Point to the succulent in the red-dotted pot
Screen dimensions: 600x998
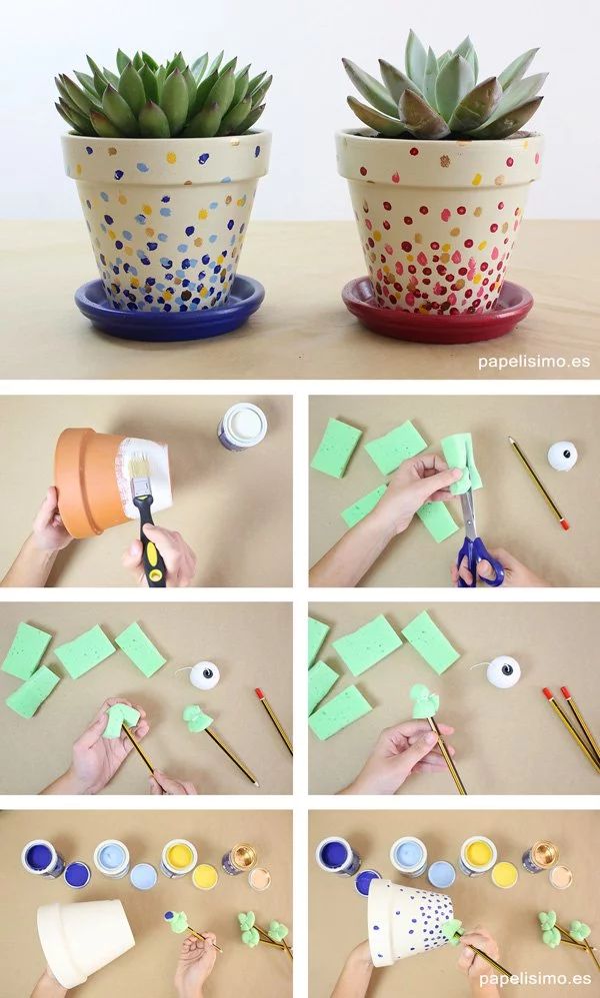point(443,87)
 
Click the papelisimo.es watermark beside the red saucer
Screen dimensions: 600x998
point(534,362)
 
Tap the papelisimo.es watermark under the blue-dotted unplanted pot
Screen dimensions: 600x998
point(534,978)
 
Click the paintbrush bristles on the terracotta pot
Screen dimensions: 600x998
point(139,467)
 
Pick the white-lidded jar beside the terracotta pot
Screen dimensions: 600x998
point(243,427)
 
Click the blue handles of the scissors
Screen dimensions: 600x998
point(480,561)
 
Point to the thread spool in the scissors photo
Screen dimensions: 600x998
point(562,457)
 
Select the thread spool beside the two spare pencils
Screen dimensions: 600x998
point(503,672)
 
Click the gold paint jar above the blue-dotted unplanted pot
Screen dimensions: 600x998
point(540,857)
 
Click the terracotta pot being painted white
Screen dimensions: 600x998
point(112,482)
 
